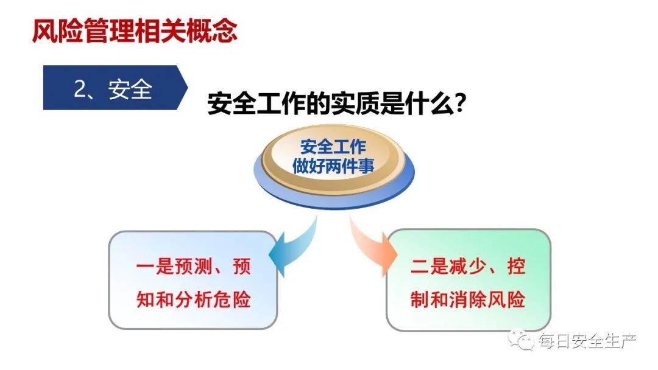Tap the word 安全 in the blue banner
130,89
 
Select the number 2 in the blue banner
80,89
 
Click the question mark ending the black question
461,103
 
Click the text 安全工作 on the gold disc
333,147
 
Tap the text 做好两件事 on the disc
333,166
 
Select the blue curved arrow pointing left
292,245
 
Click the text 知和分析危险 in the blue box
194,299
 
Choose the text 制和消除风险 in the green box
468,299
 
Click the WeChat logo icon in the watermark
520,339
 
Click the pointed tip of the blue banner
188,88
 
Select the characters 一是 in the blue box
155,267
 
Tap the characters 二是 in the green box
429,267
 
